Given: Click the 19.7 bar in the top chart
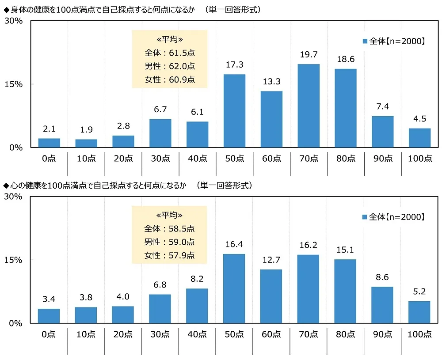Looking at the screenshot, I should (x=309, y=106).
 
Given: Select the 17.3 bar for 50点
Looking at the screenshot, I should (x=234, y=111).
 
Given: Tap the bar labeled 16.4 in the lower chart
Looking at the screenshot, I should (x=234, y=288).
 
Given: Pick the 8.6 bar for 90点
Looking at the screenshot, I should (x=382, y=305).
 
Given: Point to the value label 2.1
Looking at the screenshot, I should (x=49, y=129).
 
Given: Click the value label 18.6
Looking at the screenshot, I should (x=345, y=59).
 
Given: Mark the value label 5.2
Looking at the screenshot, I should (x=419, y=292).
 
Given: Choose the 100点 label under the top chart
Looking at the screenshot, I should (x=420, y=159).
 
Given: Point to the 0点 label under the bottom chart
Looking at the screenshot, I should (x=49, y=335).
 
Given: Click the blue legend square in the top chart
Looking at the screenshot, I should (x=365, y=41).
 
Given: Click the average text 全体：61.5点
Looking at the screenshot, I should (x=170, y=53).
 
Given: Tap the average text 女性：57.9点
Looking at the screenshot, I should (x=170, y=255).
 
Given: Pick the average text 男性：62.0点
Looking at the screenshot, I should (x=170, y=67).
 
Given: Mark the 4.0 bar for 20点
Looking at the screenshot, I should (x=123, y=315).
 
